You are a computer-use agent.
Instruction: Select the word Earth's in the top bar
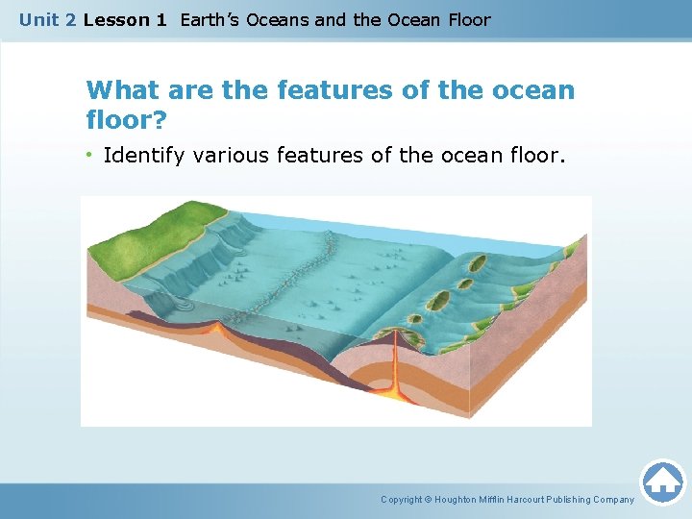[213, 20]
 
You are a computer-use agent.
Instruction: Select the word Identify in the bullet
[144, 155]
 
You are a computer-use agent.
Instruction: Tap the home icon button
[662, 481]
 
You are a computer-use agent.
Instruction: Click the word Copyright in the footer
[403, 500]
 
